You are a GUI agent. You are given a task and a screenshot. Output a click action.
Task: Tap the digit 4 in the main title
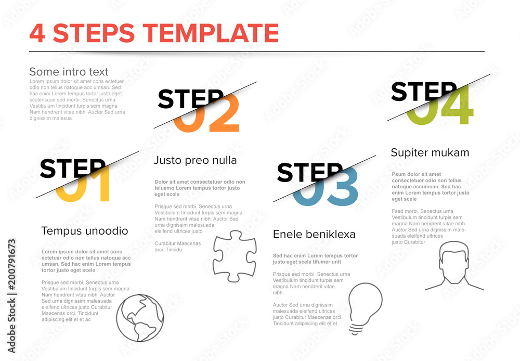pos(38,33)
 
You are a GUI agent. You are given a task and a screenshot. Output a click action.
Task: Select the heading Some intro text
pos(69,72)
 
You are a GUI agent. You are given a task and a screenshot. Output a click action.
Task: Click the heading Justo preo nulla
pos(195,160)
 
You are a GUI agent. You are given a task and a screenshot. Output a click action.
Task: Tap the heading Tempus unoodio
pos(84,230)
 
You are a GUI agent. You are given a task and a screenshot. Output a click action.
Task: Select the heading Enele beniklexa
pos(314,235)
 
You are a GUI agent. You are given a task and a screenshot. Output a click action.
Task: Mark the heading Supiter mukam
pos(430,152)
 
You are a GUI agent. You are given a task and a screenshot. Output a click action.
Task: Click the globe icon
pos(140,318)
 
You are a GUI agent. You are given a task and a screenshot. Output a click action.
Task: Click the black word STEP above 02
pos(190,99)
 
